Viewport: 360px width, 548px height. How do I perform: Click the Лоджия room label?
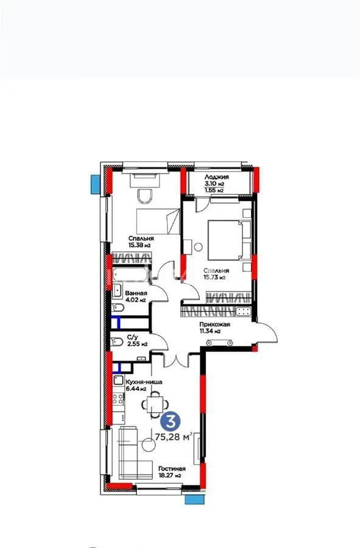coord(217,177)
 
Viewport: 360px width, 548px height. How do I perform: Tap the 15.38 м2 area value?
coord(139,245)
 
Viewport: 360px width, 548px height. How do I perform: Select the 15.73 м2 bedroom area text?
coord(214,278)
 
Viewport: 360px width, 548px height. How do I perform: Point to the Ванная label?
coord(136,293)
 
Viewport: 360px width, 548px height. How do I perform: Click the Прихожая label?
coord(214,325)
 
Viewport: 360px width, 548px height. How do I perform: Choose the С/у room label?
coord(132,337)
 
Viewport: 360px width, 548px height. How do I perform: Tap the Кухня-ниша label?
coord(143,382)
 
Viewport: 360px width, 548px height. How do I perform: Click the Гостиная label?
coord(172,469)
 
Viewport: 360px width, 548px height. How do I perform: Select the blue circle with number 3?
coord(171,421)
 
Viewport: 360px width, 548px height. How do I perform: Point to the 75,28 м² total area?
coord(174,437)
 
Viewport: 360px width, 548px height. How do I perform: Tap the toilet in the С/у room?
coord(117,342)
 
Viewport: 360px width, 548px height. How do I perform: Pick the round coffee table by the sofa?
coord(148,445)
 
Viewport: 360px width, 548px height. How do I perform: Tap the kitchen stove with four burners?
coord(118,399)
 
